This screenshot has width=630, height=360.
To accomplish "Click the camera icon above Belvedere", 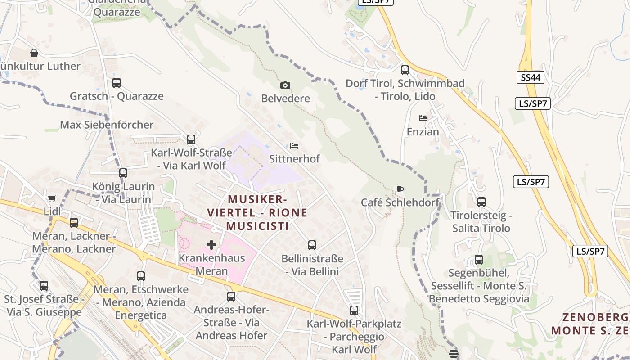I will [x=285, y=85].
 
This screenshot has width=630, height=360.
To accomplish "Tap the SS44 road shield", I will [x=530, y=77].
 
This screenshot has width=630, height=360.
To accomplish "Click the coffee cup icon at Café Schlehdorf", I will [x=400, y=189].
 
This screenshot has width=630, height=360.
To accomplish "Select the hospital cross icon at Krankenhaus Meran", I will [x=211, y=245].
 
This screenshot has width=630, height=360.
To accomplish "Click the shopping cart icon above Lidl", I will [x=52, y=198].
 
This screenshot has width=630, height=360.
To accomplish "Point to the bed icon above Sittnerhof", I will [x=294, y=146].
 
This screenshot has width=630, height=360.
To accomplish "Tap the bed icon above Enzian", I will [x=423, y=118].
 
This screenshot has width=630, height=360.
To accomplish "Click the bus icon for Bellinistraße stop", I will [x=312, y=245].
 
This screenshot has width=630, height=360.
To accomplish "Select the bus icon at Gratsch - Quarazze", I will [x=117, y=83].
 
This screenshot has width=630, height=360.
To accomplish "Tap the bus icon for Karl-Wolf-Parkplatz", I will [x=354, y=310].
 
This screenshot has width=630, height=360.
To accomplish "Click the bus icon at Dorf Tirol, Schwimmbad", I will [x=405, y=70].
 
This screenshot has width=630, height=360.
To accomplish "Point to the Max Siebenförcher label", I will [x=107, y=125].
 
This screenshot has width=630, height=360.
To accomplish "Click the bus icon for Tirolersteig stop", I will [x=481, y=202].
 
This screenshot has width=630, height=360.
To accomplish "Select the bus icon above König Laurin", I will [x=123, y=173].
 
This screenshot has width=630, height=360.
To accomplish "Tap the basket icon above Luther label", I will [x=34, y=53].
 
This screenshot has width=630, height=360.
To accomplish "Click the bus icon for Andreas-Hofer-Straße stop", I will [x=231, y=297].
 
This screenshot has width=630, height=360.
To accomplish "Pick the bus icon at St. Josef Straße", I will [x=44, y=286].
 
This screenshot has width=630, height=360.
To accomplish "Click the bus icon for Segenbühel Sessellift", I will [x=479, y=260].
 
